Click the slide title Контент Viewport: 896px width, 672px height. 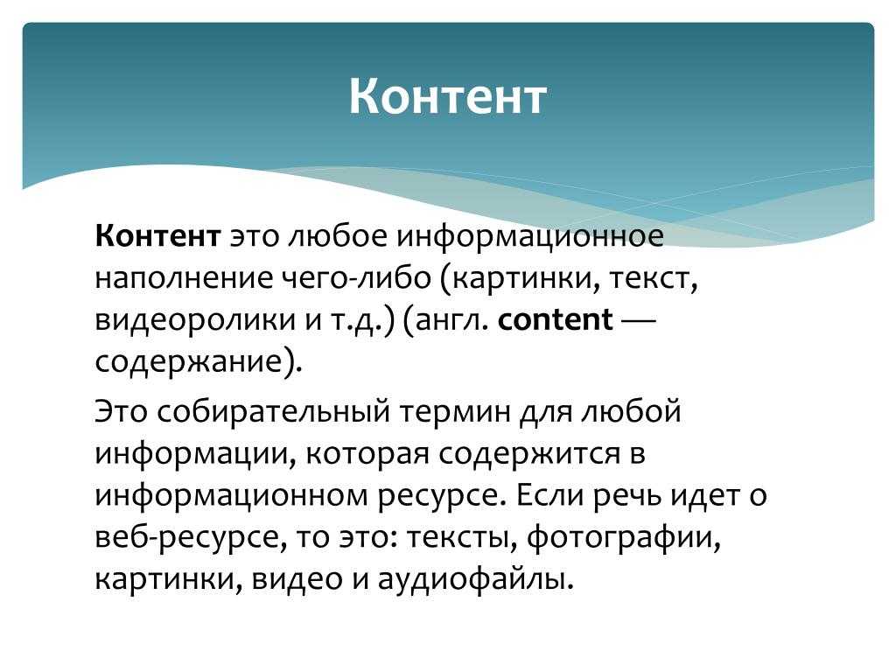(447, 96)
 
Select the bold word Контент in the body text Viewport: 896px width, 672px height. (157, 235)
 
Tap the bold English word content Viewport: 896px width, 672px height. (556, 318)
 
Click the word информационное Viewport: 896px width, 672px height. (530, 236)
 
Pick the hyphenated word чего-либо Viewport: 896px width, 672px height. (357, 277)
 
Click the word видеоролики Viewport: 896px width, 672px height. (194, 320)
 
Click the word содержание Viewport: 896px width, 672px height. (189, 362)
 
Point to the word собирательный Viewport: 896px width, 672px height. (273, 411)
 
